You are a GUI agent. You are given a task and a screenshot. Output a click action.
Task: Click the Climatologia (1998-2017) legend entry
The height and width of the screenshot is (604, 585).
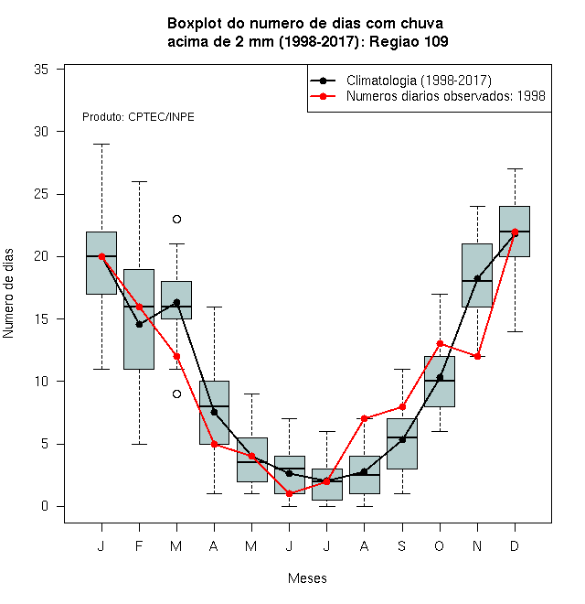point(400,81)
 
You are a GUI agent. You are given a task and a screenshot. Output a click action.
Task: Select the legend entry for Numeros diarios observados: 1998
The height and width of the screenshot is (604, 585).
point(427,96)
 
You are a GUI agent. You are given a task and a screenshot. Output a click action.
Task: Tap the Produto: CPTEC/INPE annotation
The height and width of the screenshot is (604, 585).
point(138,117)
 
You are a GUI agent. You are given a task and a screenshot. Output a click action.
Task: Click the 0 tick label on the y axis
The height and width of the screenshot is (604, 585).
point(45,506)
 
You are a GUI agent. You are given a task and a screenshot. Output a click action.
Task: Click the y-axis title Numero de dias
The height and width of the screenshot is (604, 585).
point(8,294)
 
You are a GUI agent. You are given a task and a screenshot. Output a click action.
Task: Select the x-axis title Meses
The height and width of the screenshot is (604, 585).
point(307,578)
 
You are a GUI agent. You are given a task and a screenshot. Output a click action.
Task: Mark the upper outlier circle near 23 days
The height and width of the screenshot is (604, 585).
point(176,220)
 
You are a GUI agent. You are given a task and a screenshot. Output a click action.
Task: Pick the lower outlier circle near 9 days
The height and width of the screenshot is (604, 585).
point(176,394)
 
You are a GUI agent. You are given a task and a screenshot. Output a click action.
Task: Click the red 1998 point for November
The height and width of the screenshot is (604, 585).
point(477,356)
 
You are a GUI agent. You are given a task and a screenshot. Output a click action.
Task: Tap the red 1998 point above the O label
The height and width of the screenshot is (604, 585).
point(440,343)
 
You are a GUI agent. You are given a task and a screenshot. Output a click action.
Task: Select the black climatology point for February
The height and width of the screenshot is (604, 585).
point(139,324)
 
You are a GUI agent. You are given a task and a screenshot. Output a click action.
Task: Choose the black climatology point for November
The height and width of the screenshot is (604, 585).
point(477,278)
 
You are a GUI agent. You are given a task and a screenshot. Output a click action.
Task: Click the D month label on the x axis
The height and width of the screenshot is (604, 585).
point(515,545)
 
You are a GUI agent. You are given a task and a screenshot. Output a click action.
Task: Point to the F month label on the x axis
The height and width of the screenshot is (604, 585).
point(139,545)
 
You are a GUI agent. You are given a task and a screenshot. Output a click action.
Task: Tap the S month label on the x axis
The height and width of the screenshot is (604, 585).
point(402,545)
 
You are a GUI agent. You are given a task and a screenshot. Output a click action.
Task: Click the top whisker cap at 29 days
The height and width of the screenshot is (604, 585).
point(101,144)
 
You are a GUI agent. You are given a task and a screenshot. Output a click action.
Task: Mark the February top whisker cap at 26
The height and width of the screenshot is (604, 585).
point(139,181)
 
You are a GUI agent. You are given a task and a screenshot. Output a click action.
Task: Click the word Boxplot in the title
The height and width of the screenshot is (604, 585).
point(195,24)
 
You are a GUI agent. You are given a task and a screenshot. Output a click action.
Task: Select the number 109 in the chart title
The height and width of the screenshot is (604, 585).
point(436,41)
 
